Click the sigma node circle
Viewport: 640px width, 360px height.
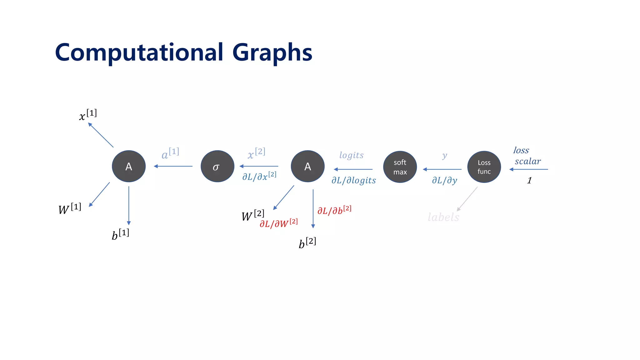[x=217, y=166]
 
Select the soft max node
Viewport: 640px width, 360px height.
[x=400, y=167]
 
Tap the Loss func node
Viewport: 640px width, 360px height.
[x=484, y=167]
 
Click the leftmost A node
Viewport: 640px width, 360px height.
[x=129, y=166]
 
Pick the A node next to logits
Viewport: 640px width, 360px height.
[x=307, y=166]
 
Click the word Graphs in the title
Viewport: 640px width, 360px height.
[x=272, y=52]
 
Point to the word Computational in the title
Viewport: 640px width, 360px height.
[x=139, y=52]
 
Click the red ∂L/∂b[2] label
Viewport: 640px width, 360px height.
[x=334, y=210]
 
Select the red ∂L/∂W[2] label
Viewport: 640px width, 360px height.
[x=278, y=223]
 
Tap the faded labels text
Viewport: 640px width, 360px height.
[x=443, y=217]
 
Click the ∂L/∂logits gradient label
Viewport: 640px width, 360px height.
[x=354, y=180]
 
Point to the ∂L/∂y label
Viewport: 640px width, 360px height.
[x=444, y=180]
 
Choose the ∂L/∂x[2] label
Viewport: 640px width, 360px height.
[x=259, y=176]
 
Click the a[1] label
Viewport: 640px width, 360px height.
[x=170, y=153]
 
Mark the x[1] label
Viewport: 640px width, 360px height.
[x=88, y=115]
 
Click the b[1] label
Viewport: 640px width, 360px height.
[x=120, y=234]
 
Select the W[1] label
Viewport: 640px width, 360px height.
[x=70, y=209]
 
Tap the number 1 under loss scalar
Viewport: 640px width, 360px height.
[x=529, y=181]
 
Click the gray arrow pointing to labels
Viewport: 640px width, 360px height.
[x=467, y=199]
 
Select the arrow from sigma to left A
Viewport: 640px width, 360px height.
[x=173, y=166]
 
